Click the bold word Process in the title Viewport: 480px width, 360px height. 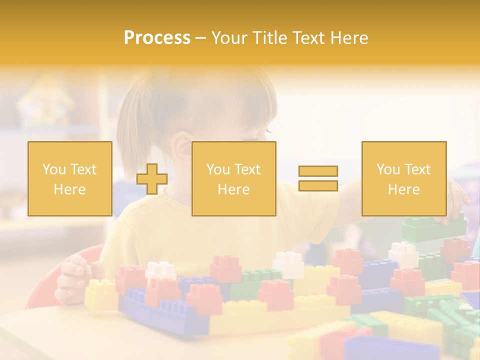click(x=157, y=38)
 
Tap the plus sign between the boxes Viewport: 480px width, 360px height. click(x=152, y=179)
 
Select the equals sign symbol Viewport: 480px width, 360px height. click(x=318, y=178)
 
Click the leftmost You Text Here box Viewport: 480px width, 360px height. click(x=70, y=179)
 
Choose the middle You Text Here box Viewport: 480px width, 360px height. click(x=234, y=179)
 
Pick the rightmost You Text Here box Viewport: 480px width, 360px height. click(x=404, y=179)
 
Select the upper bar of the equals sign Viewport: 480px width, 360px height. click(x=318, y=171)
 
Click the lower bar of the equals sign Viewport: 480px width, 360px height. click(x=318, y=186)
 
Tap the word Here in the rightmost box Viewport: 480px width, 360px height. click(x=403, y=189)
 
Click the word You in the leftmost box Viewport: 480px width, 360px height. click(x=54, y=169)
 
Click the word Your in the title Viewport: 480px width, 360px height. click(x=230, y=38)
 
